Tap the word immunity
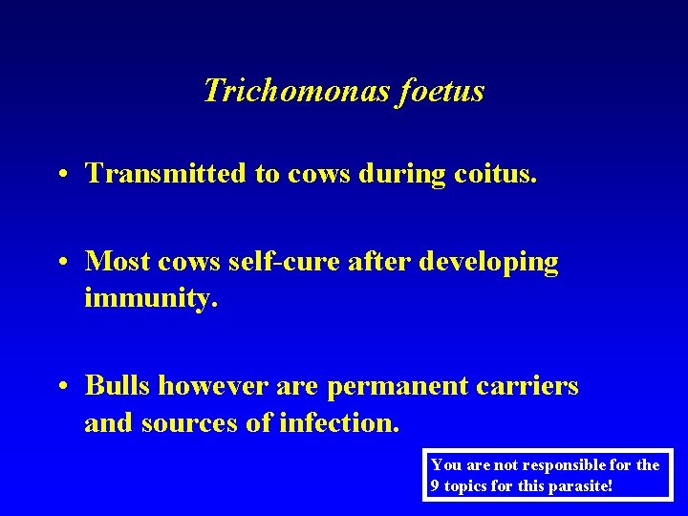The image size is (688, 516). (150, 298)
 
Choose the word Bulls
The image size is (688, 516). (118, 385)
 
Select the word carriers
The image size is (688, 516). (534, 385)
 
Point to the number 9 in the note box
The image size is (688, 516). (436, 485)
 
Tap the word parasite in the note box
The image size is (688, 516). (577, 485)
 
